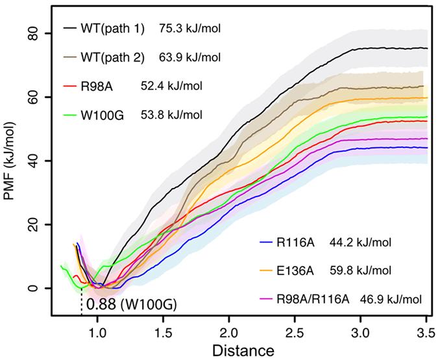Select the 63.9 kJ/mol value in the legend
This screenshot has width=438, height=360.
point(190,58)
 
